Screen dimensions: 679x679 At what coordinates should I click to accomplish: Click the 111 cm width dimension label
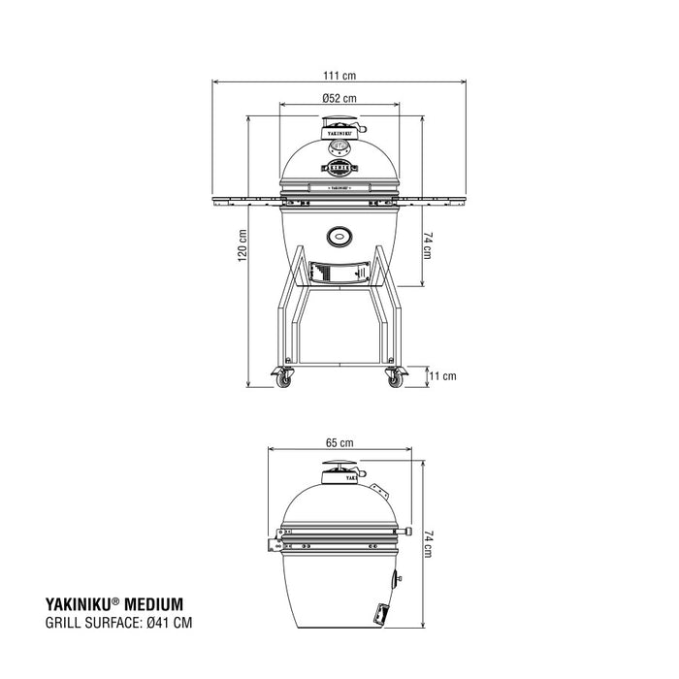[339, 75]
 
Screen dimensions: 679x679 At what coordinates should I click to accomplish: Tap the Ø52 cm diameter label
[339, 98]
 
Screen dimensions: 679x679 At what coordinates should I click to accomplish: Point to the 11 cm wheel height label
[442, 374]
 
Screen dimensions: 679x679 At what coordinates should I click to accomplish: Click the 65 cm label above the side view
[339, 442]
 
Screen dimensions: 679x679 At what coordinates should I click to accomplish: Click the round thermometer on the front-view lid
[339, 148]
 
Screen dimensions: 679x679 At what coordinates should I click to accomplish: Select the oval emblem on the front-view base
[339, 234]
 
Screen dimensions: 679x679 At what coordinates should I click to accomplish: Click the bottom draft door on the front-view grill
[338, 273]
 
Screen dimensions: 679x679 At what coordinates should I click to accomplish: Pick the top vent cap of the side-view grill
[339, 470]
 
